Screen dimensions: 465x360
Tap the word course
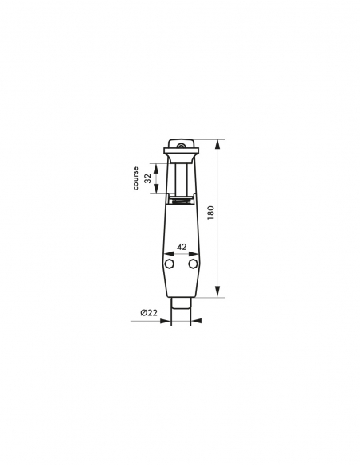click(x=136, y=178)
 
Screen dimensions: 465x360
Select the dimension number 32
click(x=147, y=178)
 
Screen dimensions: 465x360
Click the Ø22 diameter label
click(x=147, y=313)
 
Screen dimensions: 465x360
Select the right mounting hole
click(x=193, y=263)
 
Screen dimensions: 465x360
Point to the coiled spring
click(x=181, y=201)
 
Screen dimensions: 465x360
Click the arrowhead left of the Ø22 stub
click(x=168, y=320)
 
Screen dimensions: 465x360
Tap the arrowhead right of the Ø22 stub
click(x=195, y=320)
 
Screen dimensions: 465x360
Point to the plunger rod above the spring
click(x=181, y=178)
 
